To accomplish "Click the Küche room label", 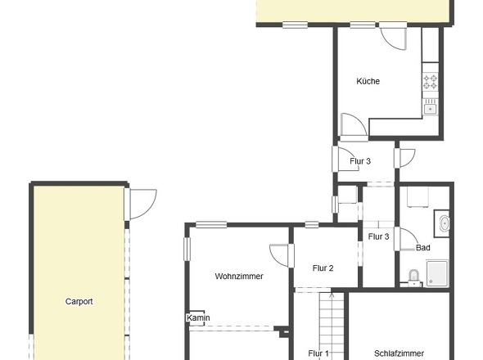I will (x=368, y=81).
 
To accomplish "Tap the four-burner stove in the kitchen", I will (x=431, y=82).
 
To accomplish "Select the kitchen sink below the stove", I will (x=431, y=107).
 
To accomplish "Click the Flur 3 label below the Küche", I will (x=360, y=161).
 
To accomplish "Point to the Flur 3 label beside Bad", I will (x=378, y=236).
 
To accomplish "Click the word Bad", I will (x=422, y=247).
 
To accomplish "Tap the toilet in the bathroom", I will (x=413, y=277).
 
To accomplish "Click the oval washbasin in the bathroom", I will (x=443, y=223).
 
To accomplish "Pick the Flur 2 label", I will (x=323, y=268).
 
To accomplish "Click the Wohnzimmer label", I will (x=239, y=276).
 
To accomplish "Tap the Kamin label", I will (x=198, y=317).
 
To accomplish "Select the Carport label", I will (x=79, y=301).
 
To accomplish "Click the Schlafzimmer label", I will (x=399, y=353).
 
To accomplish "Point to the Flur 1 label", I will (x=318, y=353).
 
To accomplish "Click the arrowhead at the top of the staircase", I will (x=331, y=290).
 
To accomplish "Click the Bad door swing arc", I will (x=407, y=237).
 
